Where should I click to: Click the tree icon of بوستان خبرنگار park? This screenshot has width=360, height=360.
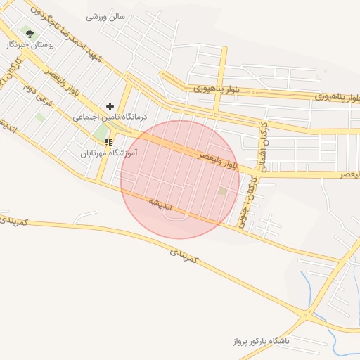29,33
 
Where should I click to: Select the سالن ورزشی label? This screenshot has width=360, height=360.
105,16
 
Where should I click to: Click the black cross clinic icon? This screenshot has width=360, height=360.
110,106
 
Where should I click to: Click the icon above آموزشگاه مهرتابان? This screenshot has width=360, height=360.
108,142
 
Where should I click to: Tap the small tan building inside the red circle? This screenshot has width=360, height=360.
223,191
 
